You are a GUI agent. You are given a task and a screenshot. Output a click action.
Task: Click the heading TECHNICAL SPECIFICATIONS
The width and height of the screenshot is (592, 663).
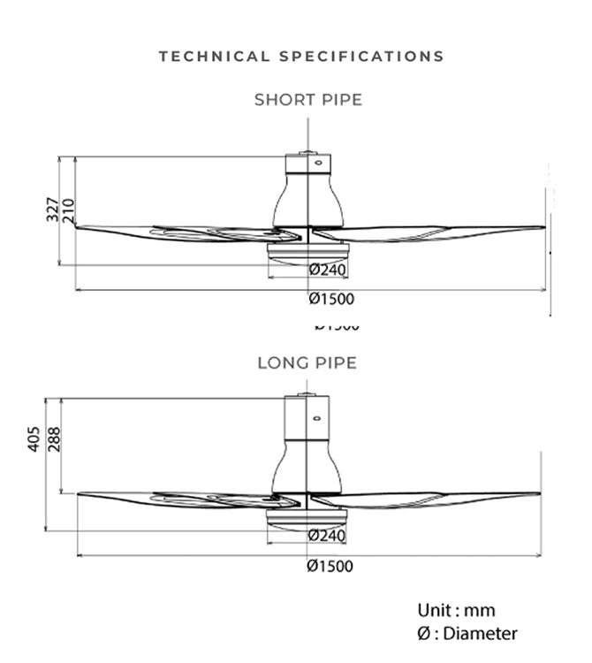coord(301,57)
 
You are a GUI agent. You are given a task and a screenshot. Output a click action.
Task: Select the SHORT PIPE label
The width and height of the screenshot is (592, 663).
coord(308,100)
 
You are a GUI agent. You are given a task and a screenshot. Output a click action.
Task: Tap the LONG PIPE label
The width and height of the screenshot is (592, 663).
coord(307,362)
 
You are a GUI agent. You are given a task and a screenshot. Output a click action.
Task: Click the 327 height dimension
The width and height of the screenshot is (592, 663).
coord(53,210)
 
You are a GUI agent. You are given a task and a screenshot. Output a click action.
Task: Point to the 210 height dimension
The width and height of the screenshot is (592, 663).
coord(69,210)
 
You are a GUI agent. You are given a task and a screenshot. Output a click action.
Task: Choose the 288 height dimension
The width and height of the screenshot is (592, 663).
coord(55,439)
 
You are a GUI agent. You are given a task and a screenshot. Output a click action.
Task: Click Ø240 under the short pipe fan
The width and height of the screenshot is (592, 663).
coord(328,270)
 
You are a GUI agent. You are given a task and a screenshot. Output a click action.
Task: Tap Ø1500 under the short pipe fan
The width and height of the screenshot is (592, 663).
coord(331,299)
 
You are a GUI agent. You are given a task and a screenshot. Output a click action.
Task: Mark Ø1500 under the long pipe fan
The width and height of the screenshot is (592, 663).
coord(330,566)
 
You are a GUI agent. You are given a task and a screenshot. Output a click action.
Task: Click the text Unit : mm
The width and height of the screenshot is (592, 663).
coord(456,611)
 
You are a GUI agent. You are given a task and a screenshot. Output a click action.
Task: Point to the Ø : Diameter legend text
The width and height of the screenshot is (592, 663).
coord(467,633)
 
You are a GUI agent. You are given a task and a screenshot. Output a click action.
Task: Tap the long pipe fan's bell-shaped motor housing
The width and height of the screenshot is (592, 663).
coord(307,467)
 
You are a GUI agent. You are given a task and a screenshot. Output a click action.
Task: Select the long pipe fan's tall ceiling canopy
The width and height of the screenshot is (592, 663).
coord(307,418)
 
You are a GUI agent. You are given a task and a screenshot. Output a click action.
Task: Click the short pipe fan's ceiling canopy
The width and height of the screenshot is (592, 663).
coord(307,164)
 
